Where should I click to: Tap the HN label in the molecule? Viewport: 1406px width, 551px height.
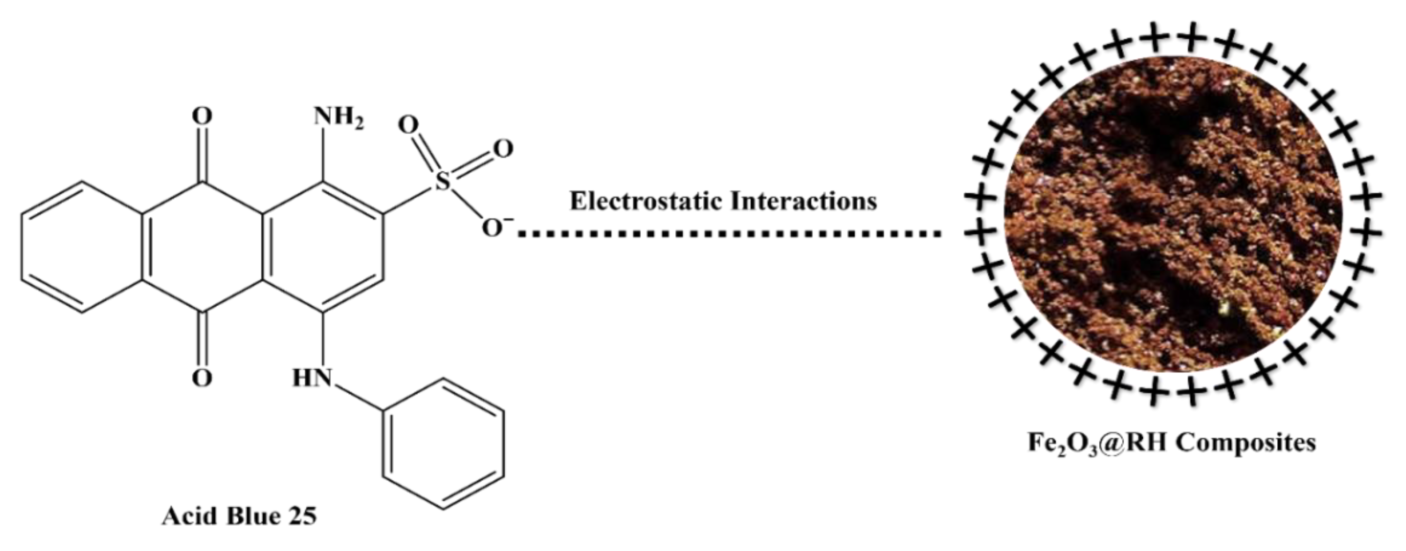312,378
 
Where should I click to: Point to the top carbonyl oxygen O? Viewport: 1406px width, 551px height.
202,116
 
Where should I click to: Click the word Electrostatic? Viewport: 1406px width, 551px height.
645,201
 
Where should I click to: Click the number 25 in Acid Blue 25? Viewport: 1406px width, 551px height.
300,516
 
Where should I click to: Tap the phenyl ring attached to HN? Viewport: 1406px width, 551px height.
443,444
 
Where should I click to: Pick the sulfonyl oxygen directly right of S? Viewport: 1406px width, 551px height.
502,148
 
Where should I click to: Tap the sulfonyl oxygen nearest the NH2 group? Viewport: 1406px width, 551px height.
408,124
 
